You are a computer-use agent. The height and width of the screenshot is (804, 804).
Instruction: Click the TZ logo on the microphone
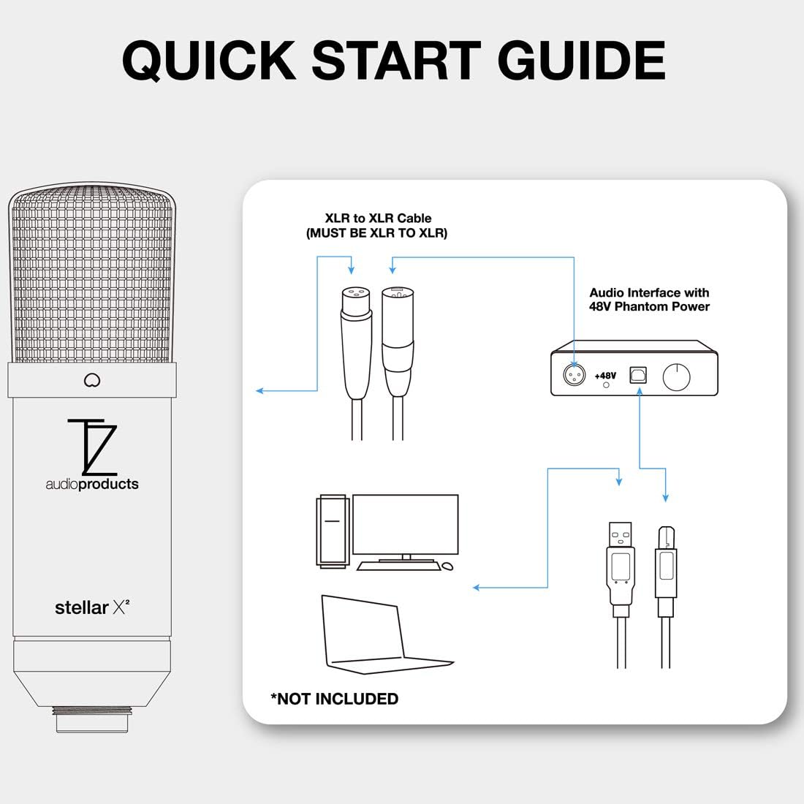coord(91,447)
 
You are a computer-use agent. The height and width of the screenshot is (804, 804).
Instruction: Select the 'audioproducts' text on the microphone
coord(92,484)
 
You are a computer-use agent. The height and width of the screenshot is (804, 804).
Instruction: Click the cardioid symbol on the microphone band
coord(92,380)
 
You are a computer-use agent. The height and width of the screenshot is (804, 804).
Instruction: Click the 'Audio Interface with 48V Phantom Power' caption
coord(649,300)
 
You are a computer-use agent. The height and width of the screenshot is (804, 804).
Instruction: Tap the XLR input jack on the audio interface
coord(574,375)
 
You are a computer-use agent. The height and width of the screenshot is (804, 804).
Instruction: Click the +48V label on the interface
coord(605,376)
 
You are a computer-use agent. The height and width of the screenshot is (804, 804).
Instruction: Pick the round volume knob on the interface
coord(676,377)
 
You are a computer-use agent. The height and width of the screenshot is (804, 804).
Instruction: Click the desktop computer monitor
coord(405,525)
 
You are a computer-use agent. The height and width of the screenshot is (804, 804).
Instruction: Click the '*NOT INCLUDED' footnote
coord(335,699)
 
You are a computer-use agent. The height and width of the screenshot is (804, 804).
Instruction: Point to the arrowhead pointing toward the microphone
coord(259,391)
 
